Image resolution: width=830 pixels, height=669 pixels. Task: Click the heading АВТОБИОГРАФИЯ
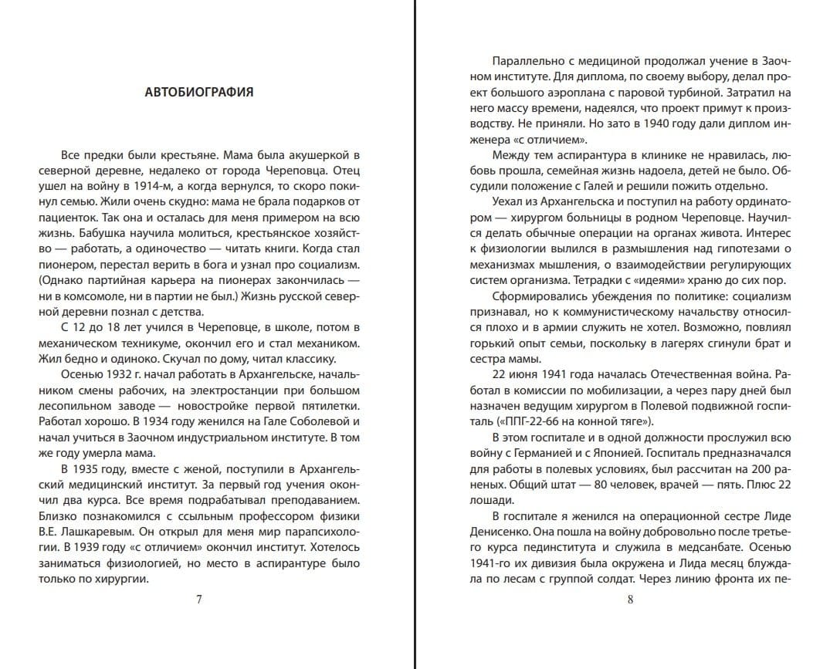coord(199,93)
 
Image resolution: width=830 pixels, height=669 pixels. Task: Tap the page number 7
coord(199,599)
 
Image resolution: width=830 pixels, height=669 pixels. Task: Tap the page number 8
coord(630,599)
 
